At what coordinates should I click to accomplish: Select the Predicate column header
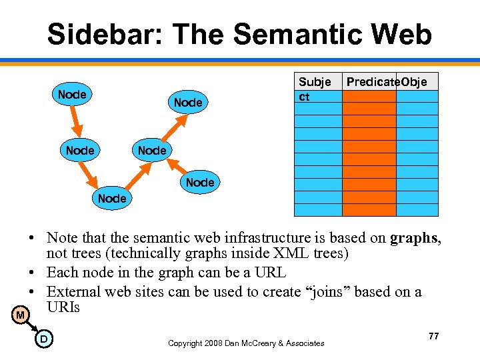point(369,81)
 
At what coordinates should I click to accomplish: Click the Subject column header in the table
point(315,88)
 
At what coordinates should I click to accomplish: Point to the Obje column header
point(417,81)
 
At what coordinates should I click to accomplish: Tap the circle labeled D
point(43,339)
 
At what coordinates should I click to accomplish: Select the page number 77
point(433,336)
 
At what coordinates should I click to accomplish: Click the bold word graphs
point(414,238)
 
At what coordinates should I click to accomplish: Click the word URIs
point(63,307)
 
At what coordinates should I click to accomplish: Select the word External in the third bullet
point(73,291)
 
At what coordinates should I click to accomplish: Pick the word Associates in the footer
point(301,343)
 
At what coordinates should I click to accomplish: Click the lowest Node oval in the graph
point(111,199)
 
